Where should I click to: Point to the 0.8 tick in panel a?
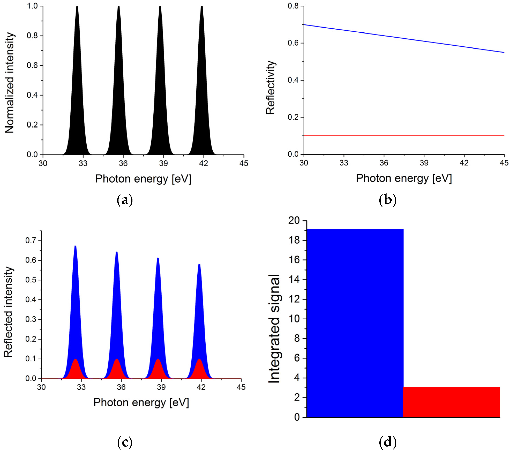(x=32, y=36)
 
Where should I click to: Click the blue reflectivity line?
(x=404, y=38)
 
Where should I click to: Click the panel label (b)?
(x=388, y=200)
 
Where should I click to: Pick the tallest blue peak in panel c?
(x=75, y=301)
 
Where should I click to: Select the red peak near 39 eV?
(x=158, y=370)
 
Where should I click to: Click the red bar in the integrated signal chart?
(x=451, y=402)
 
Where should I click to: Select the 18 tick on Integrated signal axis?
(x=294, y=240)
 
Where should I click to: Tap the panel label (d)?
(x=388, y=442)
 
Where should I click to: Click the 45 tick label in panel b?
(x=504, y=163)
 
